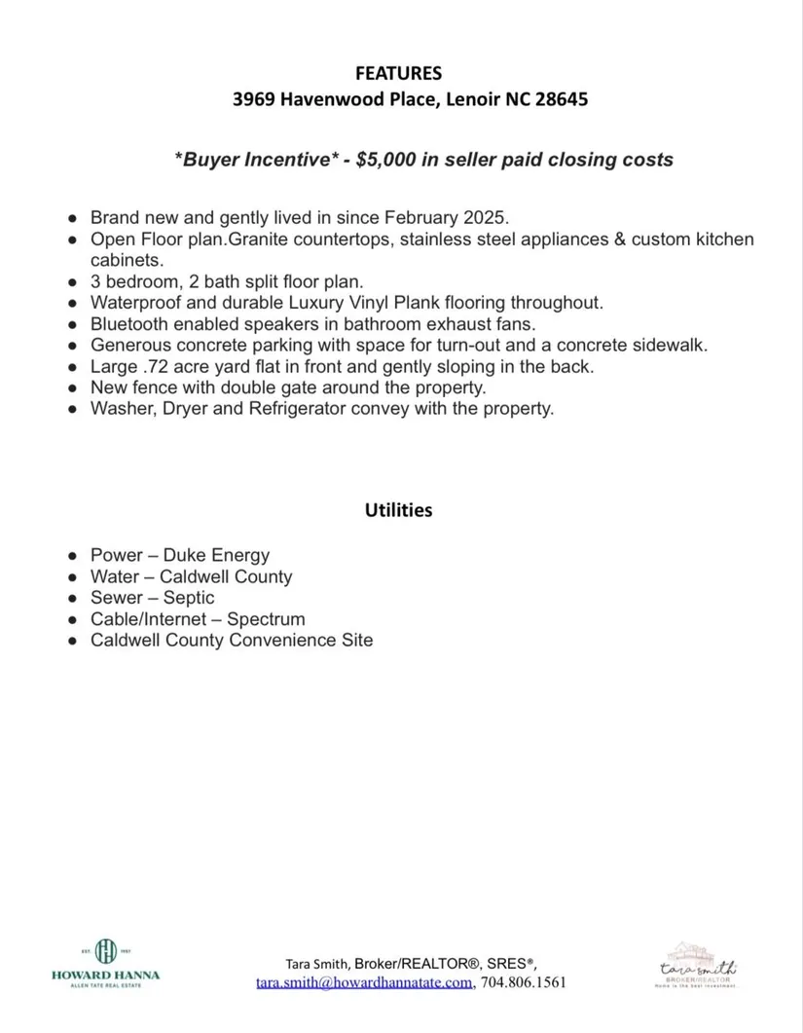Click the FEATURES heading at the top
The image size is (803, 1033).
tap(398, 73)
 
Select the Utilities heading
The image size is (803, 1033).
tap(398, 510)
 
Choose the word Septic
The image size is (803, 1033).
tap(189, 598)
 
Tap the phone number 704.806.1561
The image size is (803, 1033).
tap(524, 982)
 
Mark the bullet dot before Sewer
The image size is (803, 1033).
tap(73, 599)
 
